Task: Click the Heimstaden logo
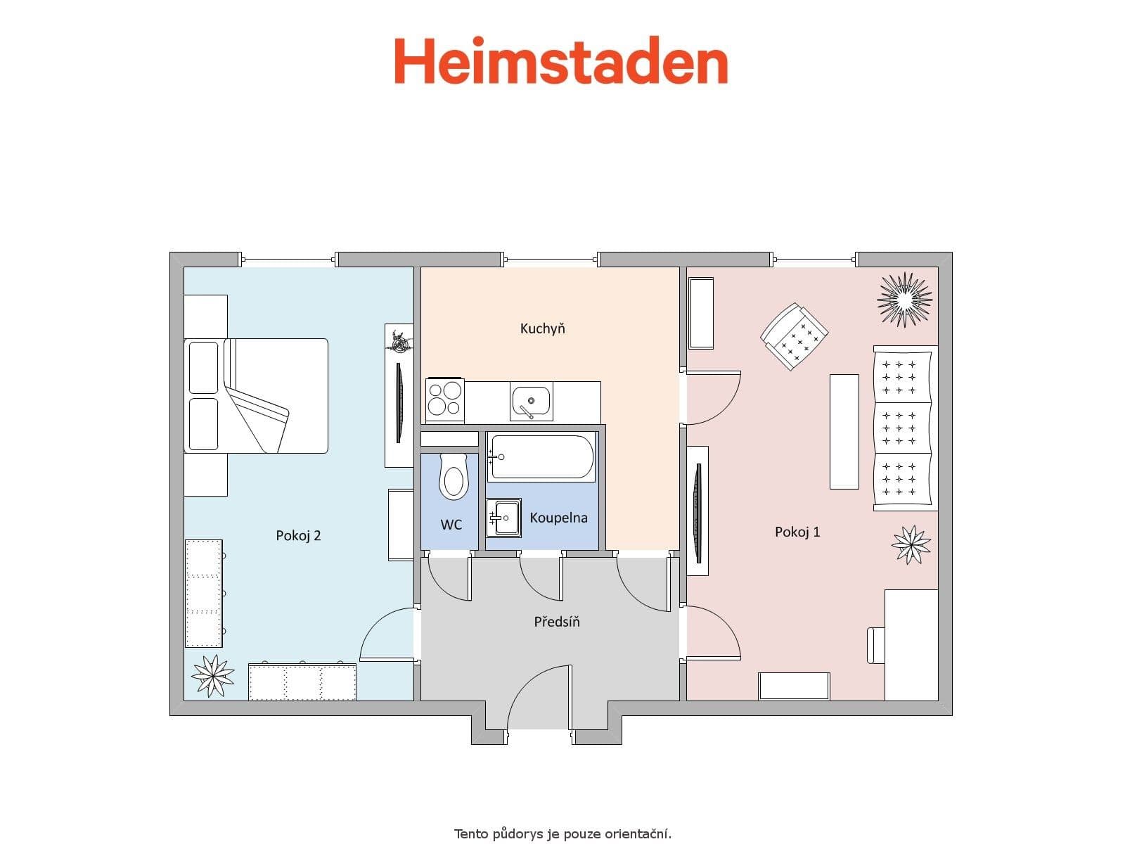[x=560, y=61]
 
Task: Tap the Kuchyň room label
[x=543, y=328]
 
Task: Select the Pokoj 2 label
[x=298, y=536]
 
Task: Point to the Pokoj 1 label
[x=797, y=532]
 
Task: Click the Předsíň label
[x=557, y=622]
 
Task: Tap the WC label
[x=451, y=525]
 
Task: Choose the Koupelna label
[x=558, y=518]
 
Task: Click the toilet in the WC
[x=453, y=476]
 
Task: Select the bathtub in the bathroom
[x=541, y=457]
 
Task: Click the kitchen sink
[x=531, y=402]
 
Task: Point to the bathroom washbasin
[x=503, y=518]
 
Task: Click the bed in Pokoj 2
[x=257, y=396]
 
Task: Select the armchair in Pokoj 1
[x=794, y=337]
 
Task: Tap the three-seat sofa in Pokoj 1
[x=905, y=428]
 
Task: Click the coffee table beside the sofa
[x=844, y=431]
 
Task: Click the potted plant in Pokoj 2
[x=212, y=675]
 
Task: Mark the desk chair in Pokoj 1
[x=875, y=644]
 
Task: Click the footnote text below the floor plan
[x=562, y=834]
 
